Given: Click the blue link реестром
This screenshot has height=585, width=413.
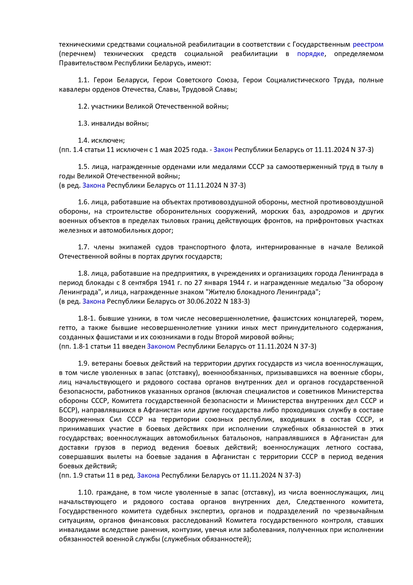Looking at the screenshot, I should click(x=368, y=44).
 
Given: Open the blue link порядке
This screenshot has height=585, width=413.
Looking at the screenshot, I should click(x=310, y=54).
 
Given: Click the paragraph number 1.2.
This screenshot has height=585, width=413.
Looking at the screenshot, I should click(x=84, y=106).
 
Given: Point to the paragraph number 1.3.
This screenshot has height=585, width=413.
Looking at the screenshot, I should click(x=84, y=123).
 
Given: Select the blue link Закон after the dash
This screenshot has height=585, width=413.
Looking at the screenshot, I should click(x=223, y=150).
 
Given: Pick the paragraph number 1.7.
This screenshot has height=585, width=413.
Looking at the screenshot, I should click(x=84, y=247).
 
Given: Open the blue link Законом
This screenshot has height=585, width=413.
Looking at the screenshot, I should click(x=161, y=346).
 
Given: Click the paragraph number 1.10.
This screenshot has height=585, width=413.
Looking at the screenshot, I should click(x=85, y=492).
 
